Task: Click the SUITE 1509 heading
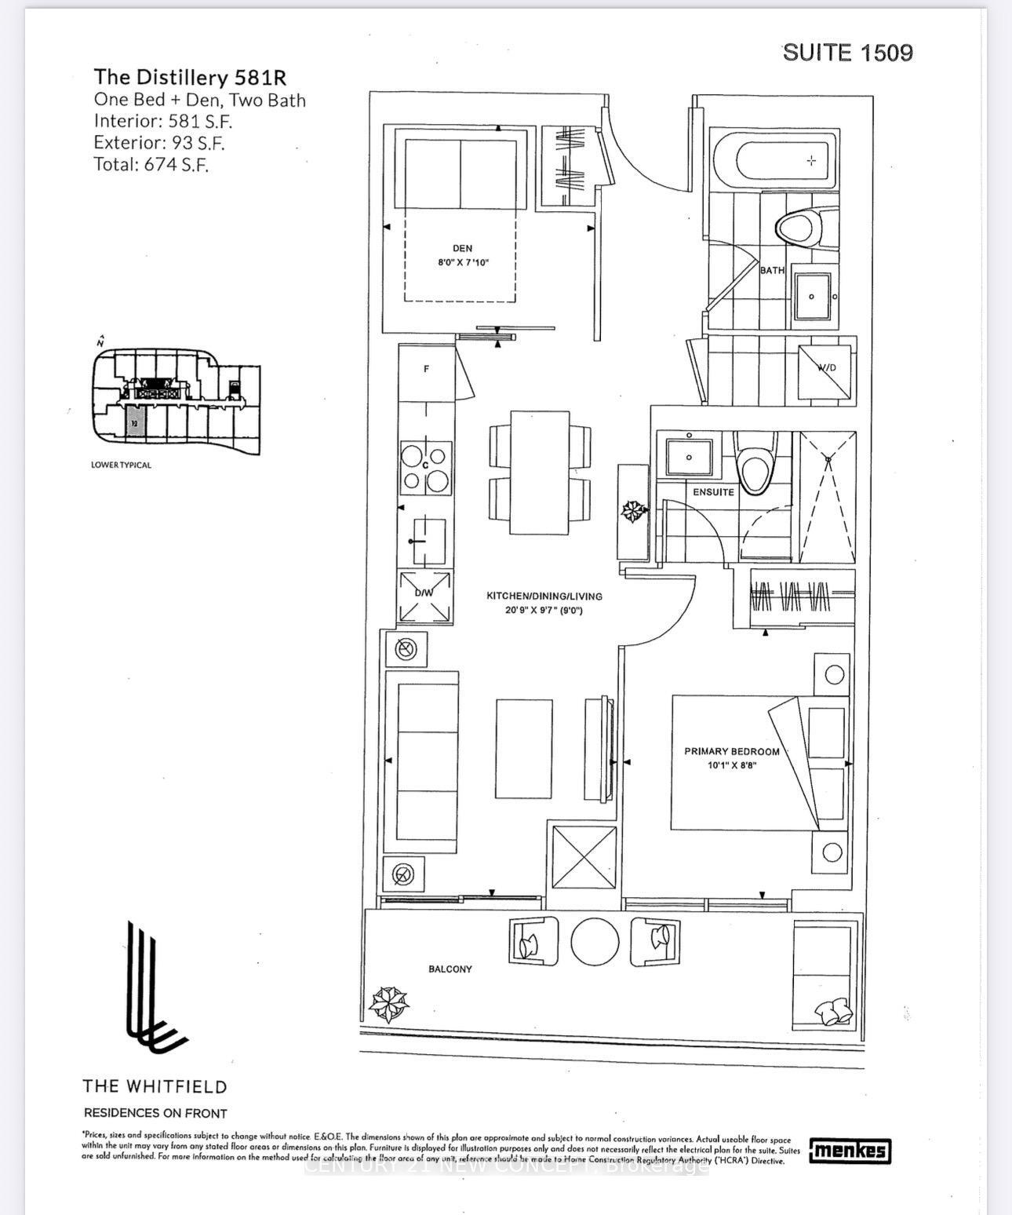point(847,53)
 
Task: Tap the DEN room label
point(462,248)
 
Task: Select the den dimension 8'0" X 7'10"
point(462,263)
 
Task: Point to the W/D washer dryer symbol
point(825,372)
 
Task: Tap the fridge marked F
point(426,369)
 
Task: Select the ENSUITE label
point(713,492)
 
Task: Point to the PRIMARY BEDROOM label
point(731,751)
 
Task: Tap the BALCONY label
point(450,969)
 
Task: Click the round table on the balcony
point(595,941)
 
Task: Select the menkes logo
point(850,1151)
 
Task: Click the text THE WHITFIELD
point(155,1087)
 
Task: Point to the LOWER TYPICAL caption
point(121,465)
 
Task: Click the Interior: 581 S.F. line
point(163,121)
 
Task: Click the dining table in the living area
point(540,472)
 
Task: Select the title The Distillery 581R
point(190,78)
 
